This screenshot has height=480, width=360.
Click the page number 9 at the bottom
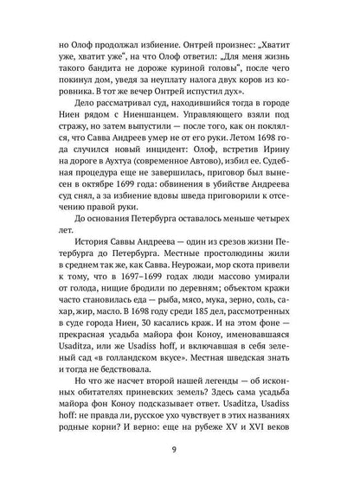click(180, 448)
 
